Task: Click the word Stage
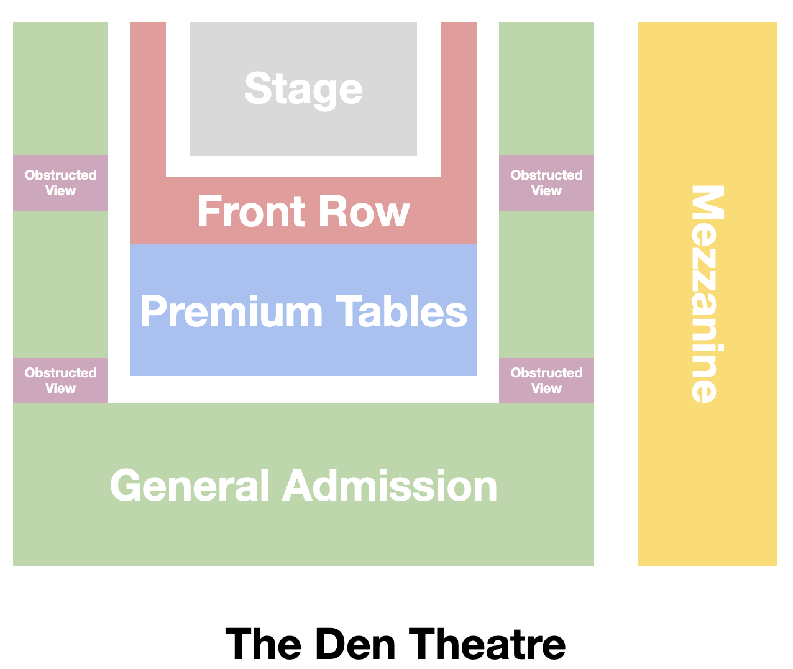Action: (x=303, y=89)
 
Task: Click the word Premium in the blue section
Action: (x=231, y=311)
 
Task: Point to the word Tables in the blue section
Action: (x=401, y=311)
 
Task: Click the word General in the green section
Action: (x=190, y=486)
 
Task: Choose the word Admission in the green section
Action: (x=390, y=486)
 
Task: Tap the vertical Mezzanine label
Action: (x=707, y=294)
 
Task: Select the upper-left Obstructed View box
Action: (x=60, y=183)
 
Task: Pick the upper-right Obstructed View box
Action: (x=546, y=183)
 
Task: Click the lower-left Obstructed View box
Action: (x=60, y=381)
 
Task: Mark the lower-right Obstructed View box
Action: (x=546, y=381)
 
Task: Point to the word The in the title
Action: (x=264, y=644)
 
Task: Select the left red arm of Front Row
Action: (x=148, y=99)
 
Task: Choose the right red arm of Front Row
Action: (x=459, y=99)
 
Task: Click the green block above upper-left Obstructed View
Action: (x=60, y=88)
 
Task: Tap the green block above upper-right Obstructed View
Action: (x=546, y=88)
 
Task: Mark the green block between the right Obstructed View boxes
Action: (x=546, y=284)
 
